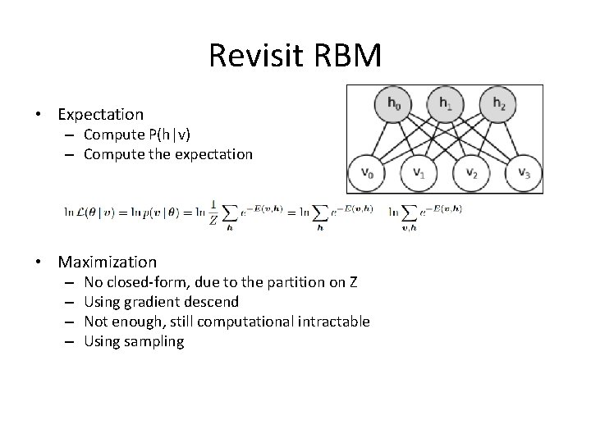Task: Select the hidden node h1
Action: tap(444, 104)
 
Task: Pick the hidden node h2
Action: tap(498, 104)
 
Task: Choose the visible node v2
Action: tap(470, 173)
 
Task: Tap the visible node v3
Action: tap(522, 173)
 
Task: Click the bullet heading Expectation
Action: tap(101, 115)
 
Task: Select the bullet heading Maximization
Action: tap(108, 263)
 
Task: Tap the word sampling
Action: tap(155, 340)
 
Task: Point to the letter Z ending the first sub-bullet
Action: tap(352, 283)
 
